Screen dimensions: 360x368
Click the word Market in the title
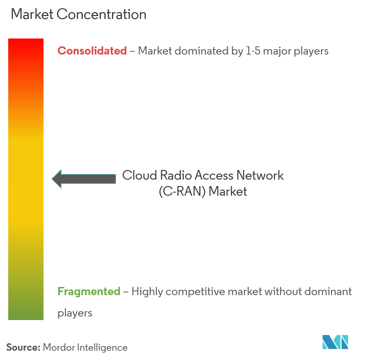tap(32, 15)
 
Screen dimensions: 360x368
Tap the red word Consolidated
tap(92, 51)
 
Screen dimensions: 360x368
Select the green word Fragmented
tap(89, 292)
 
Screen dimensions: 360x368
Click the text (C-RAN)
tap(182, 191)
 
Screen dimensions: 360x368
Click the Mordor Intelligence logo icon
tap(335, 342)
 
